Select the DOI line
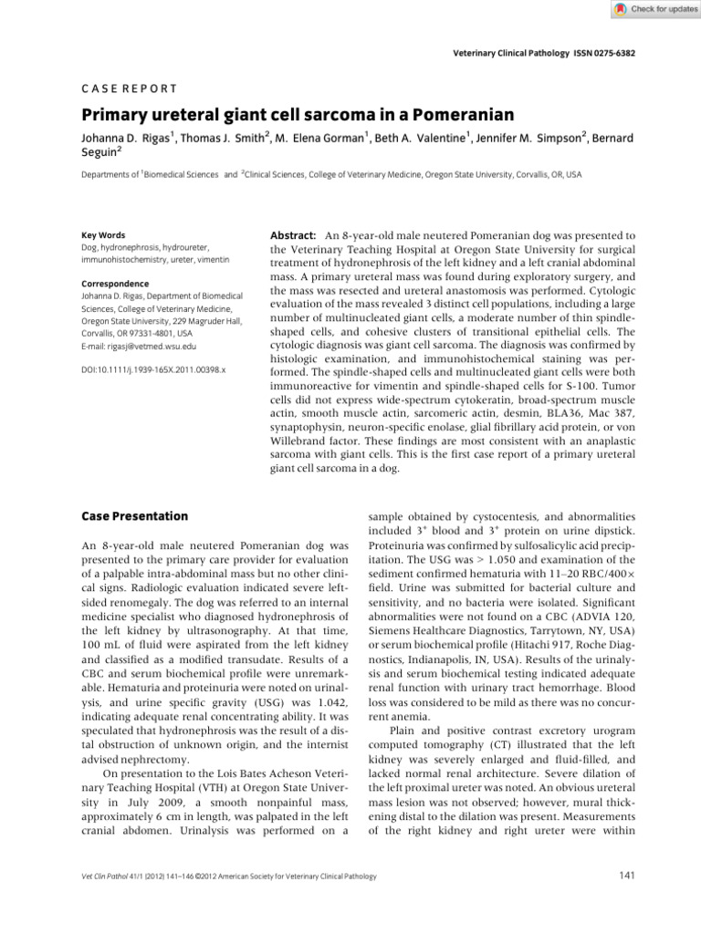(x=141, y=371)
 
